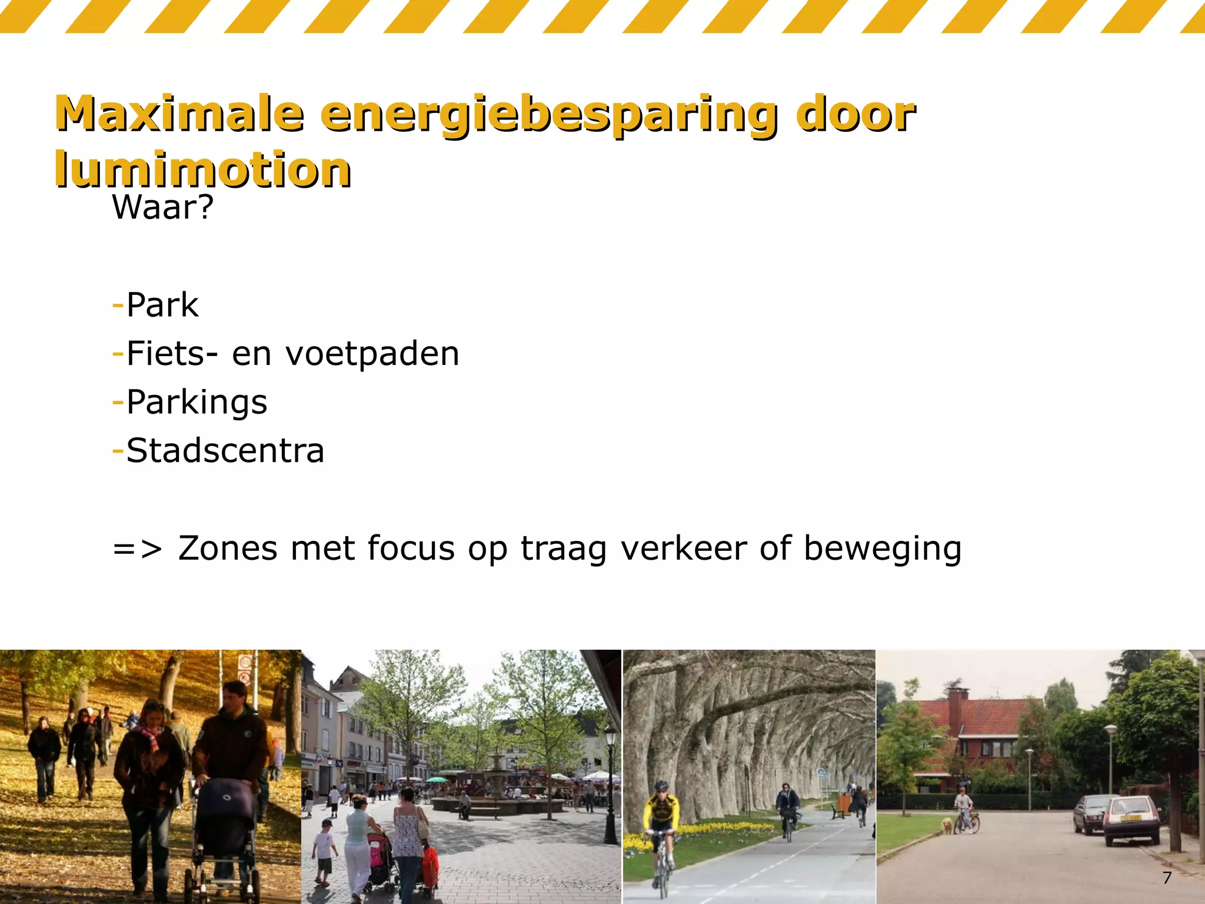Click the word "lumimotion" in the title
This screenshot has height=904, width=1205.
pos(203,169)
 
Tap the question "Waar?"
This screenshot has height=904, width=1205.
pos(163,207)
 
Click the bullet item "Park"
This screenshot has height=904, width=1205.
pos(162,305)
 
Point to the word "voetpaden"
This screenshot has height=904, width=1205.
pos(372,354)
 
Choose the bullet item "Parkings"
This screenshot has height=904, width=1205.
pos(197,403)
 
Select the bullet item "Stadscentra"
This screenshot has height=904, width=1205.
pos(225,451)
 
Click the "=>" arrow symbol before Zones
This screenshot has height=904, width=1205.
pos(137,549)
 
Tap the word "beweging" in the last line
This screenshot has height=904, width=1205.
pos(882,549)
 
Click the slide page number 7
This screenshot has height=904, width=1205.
pos(1167,878)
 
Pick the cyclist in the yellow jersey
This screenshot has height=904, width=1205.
pos(662,824)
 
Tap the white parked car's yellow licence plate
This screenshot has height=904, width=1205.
pos(1130,818)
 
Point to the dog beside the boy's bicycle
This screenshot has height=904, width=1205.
pos(947,825)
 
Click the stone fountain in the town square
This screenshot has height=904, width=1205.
pos(497,777)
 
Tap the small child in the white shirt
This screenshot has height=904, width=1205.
pos(324,847)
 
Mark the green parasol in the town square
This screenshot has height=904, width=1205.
pos(437,780)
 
